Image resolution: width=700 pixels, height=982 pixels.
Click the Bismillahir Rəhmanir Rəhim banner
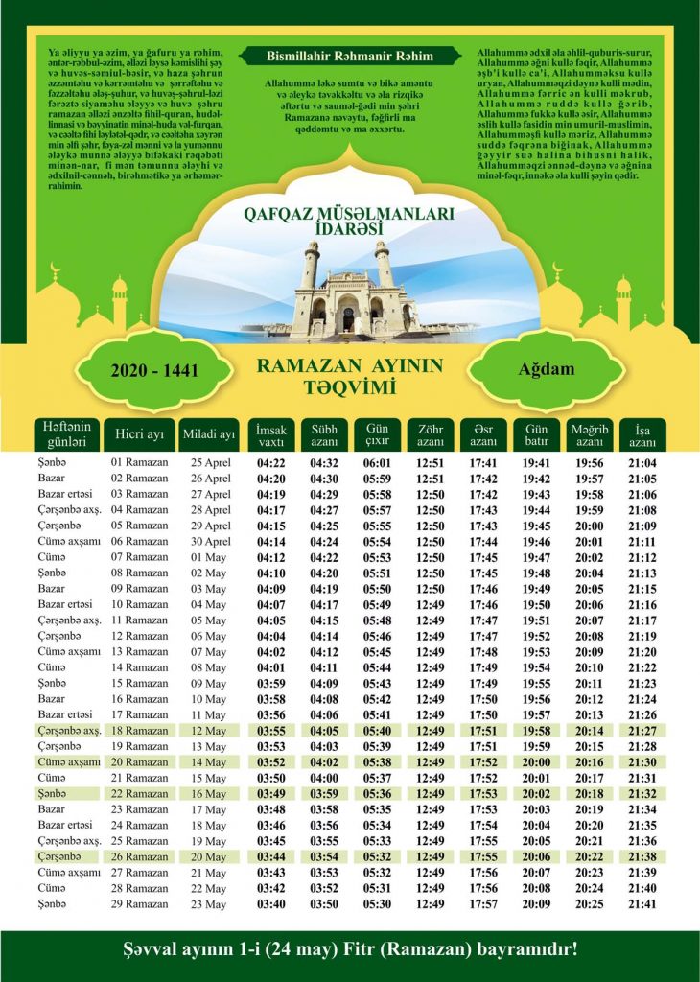(x=349, y=57)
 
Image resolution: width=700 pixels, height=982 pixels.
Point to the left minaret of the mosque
(x=311, y=268)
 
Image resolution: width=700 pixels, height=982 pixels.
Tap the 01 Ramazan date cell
(x=139, y=462)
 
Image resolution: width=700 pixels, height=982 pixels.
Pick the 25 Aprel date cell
(x=210, y=462)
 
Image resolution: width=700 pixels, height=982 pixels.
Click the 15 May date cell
(x=210, y=777)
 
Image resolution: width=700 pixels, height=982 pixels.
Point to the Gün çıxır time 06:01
(x=375, y=462)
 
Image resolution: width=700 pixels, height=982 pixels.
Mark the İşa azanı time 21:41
(x=642, y=903)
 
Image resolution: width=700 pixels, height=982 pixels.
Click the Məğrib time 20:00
(x=588, y=526)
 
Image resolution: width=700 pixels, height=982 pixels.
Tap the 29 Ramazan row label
(x=139, y=903)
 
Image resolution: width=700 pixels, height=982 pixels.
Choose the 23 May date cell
(x=210, y=903)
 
